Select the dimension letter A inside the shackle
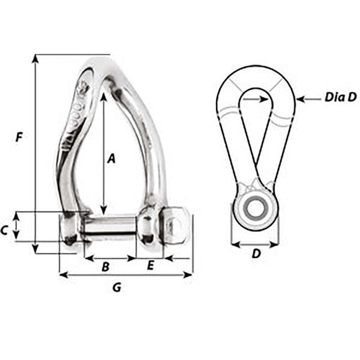[x=110, y=159]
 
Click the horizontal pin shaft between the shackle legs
[x=112, y=227]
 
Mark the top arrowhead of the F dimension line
[x=34, y=58]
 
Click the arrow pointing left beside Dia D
[x=301, y=99]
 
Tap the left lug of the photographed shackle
[x=71, y=229]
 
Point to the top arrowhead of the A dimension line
[x=103, y=97]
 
